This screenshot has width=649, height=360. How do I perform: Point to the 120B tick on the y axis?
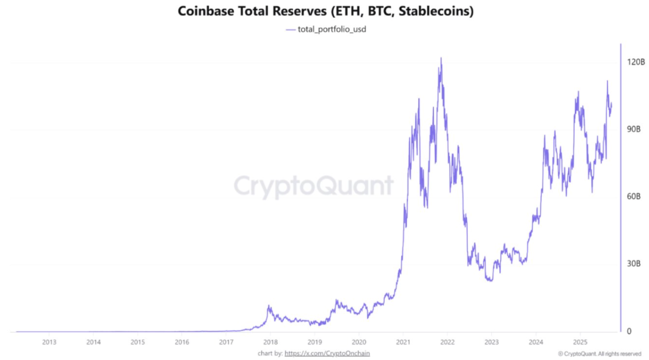[635, 62]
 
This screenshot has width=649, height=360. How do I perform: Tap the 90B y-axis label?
[635, 129]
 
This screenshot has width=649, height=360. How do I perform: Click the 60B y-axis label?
[635, 196]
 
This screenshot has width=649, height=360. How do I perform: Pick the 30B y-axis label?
[635, 264]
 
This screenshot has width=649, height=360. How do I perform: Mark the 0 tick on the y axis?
[629, 331]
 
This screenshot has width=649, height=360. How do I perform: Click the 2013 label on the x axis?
[49, 342]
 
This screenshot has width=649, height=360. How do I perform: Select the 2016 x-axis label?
[181, 342]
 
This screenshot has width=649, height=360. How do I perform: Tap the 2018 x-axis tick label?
[270, 342]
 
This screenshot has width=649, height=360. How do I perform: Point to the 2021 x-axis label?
[402, 342]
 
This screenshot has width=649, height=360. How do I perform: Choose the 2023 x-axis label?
[491, 342]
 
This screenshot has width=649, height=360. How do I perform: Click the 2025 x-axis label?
[579, 342]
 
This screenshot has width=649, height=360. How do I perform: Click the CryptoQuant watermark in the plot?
[314, 186]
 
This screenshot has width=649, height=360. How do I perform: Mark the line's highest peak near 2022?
[440, 58]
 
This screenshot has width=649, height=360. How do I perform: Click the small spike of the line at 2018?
[269, 306]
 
